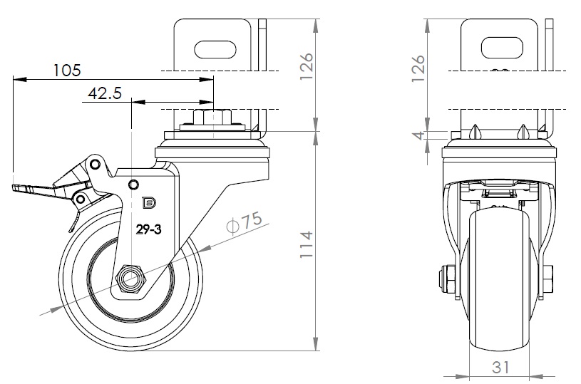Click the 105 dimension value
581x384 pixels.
click(67, 70)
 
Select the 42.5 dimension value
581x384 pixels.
click(104, 93)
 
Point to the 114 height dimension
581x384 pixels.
click(305, 245)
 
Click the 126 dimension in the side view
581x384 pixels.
click(305, 68)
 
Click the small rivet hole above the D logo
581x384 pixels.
click(133, 185)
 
